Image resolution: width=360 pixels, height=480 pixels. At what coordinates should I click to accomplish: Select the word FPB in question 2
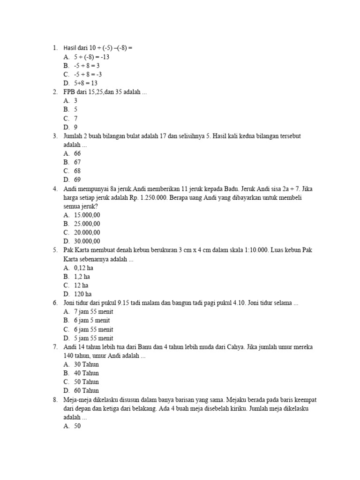[69, 92]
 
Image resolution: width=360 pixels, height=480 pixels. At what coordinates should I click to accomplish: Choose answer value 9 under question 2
[75, 127]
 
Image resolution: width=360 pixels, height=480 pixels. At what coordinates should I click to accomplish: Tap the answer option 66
[77, 153]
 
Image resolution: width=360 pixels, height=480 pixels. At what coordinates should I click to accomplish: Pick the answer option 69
[77, 180]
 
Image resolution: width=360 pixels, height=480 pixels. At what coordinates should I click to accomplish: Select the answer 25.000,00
[87, 224]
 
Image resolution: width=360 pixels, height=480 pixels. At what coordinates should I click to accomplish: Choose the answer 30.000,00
[87, 241]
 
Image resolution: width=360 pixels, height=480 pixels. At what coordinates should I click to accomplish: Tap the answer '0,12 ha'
[84, 268]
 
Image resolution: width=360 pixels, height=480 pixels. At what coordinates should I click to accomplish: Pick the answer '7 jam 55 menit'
[93, 311]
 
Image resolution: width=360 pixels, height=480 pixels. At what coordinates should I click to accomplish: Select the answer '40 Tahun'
[86, 373]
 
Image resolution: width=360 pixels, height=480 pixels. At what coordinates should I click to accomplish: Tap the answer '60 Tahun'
[86, 390]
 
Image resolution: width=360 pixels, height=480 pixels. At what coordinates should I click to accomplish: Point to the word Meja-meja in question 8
[77, 399]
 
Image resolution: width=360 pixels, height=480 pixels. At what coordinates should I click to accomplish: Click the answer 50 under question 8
[77, 426]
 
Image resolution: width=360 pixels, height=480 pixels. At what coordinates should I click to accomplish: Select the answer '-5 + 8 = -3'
[88, 74]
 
